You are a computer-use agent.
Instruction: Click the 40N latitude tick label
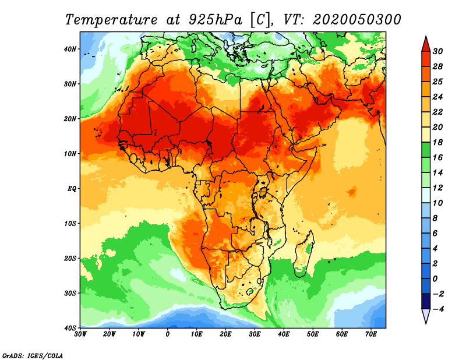[70, 49]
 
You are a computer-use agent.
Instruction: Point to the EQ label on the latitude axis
[71, 189]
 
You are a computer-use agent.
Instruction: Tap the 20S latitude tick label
[70, 258]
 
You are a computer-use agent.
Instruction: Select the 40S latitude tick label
[70, 327]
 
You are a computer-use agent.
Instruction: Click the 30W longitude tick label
[80, 334]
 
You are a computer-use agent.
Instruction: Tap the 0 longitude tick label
[168, 334]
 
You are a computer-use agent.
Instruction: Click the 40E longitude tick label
[284, 334]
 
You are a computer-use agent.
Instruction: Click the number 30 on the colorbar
[438, 51]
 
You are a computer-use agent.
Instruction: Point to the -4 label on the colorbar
[438, 309]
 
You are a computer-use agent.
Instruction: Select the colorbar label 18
[438, 142]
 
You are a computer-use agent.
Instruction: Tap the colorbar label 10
[438, 203]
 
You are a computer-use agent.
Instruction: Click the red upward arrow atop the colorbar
[425, 43]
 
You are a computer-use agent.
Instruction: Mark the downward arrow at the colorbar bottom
[425, 316]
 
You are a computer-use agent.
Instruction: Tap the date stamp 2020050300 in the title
[356, 19]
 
